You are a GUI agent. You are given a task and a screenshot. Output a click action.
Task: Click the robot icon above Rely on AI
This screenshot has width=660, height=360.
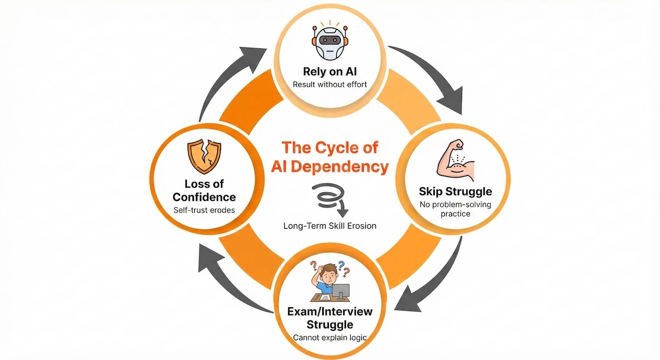(x=330, y=42)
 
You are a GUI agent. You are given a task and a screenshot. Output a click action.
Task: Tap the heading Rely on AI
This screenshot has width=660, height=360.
(x=330, y=71)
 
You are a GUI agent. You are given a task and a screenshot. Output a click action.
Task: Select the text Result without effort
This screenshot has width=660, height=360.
(x=330, y=85)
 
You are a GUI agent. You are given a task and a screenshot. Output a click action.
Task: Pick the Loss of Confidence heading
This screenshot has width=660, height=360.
(x=204, y=190)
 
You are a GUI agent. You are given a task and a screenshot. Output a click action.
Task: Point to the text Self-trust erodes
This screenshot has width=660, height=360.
(x=204, y=210)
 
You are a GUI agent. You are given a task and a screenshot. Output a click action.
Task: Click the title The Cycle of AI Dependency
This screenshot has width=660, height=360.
(x=330, y=157)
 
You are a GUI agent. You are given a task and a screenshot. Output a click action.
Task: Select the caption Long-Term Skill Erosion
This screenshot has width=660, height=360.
(x=330, y=226)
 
